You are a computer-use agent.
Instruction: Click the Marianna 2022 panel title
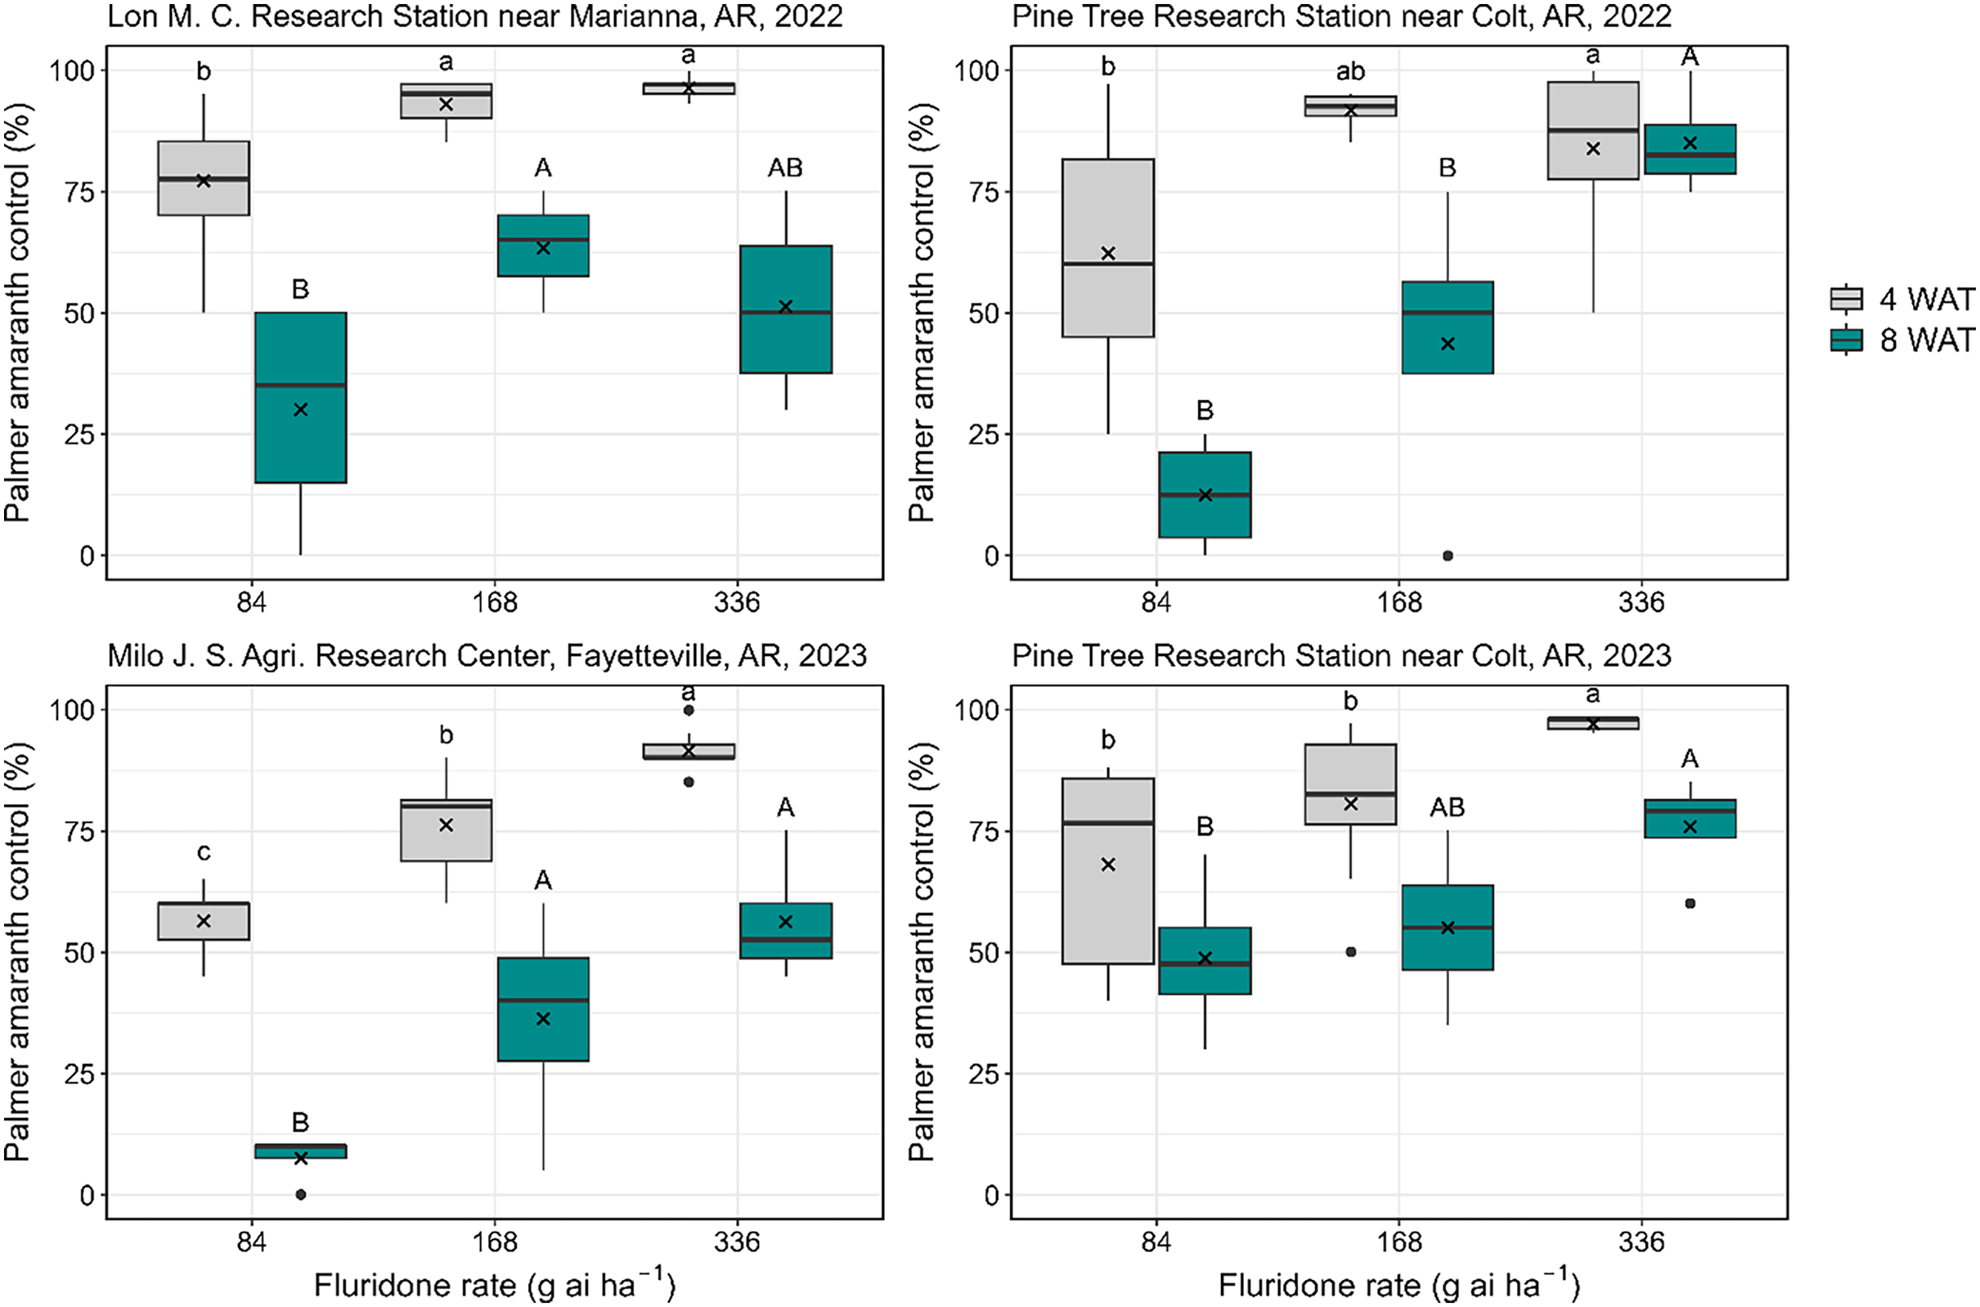475,16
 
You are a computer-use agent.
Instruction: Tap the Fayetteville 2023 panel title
487,656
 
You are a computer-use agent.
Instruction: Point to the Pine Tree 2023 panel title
1341,656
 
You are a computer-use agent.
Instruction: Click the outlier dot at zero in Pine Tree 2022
1448,555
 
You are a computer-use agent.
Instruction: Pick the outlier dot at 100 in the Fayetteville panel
689,710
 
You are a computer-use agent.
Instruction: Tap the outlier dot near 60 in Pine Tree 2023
1690,904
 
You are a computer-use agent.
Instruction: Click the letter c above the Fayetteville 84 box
204,852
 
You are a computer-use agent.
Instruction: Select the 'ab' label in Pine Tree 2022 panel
1351,72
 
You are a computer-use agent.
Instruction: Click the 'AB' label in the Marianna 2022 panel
785,168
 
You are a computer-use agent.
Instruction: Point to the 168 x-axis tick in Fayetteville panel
495,1242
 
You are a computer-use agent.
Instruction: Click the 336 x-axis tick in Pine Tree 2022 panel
1641,602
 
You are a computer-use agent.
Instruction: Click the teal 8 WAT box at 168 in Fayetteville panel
543,1009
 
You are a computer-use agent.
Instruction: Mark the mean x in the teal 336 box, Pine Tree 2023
1690,827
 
